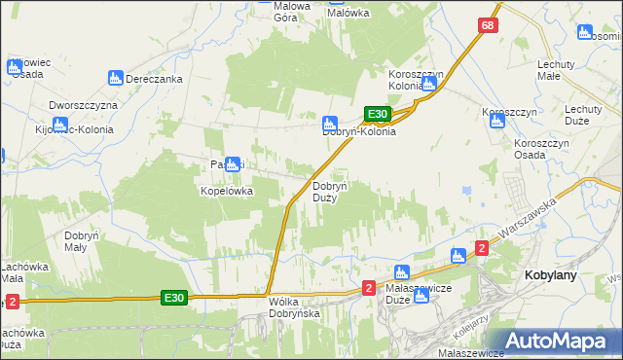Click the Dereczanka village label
[157, 78]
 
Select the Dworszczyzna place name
[83, 104]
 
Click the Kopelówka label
[227, 192]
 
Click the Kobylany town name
[551, 275]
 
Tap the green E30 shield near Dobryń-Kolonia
[378, 114]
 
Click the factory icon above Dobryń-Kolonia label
[330, 123]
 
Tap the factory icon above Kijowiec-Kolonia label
[57, 125]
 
